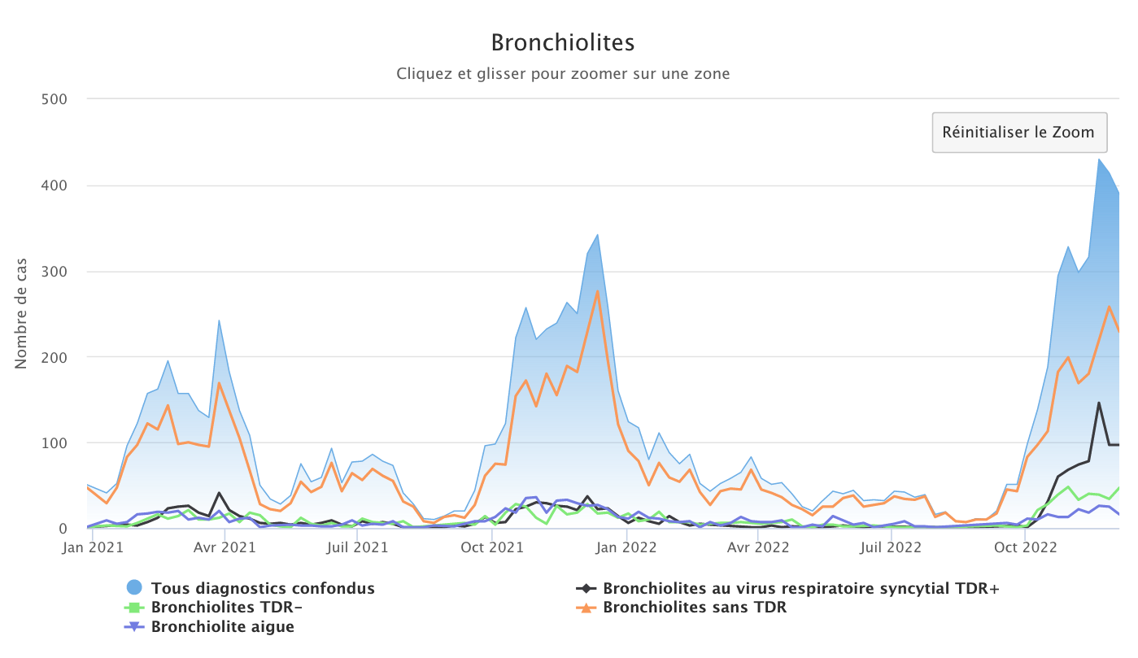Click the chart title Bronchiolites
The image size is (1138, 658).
pos(563,42)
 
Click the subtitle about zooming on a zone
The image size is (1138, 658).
pos(563,74)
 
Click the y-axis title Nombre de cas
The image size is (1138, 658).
pos(21,313)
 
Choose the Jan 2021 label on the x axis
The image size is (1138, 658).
pos(94,547)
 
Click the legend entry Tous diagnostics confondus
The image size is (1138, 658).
pos(262,588)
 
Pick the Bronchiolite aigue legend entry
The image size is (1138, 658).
pos(222,627)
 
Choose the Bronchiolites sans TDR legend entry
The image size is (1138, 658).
pos(694,608)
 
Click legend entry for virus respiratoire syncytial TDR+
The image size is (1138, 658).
pos(800,588)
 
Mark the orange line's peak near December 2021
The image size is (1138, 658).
pos(597,291)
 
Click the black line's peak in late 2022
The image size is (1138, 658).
pos(1099,403)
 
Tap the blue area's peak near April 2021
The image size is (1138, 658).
pos(219,320)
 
